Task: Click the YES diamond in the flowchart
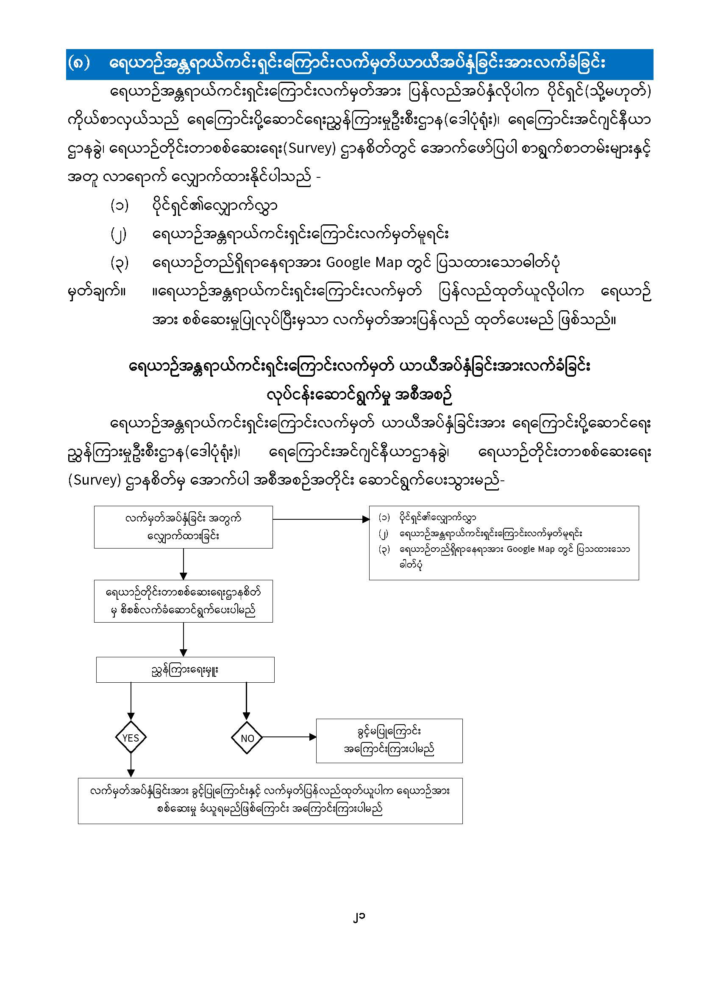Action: pos(131,738)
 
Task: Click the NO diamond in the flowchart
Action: pos(247,738)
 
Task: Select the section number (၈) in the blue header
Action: pos(79,63)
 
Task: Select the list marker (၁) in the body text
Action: pos(120,206)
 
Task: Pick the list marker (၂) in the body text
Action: pos(119,234)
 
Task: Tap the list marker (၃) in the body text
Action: pos(120,263)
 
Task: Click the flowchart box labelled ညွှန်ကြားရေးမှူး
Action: pos(185,670)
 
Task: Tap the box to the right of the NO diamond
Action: pos(389,741)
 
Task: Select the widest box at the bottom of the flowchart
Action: pos(270,801)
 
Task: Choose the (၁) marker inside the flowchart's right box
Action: pos(384,517)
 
